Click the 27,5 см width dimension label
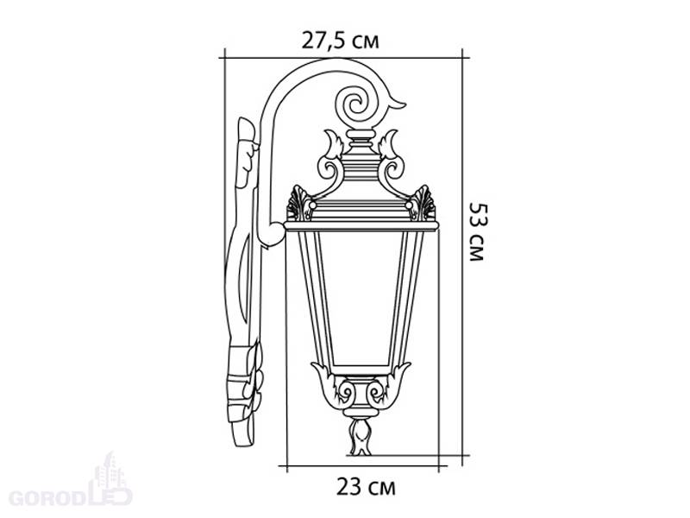pos(340,41)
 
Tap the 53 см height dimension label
pos(478,231)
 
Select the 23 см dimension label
pos(366,487)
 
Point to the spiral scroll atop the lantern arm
pos(356,105)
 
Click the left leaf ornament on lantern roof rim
pos(300,204)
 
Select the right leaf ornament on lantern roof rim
pos(423,204)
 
